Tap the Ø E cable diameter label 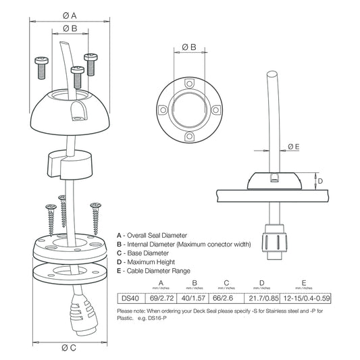(x=293, y=146)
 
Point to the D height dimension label (x=322, y=180)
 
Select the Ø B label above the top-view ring (x=189, y=47)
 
